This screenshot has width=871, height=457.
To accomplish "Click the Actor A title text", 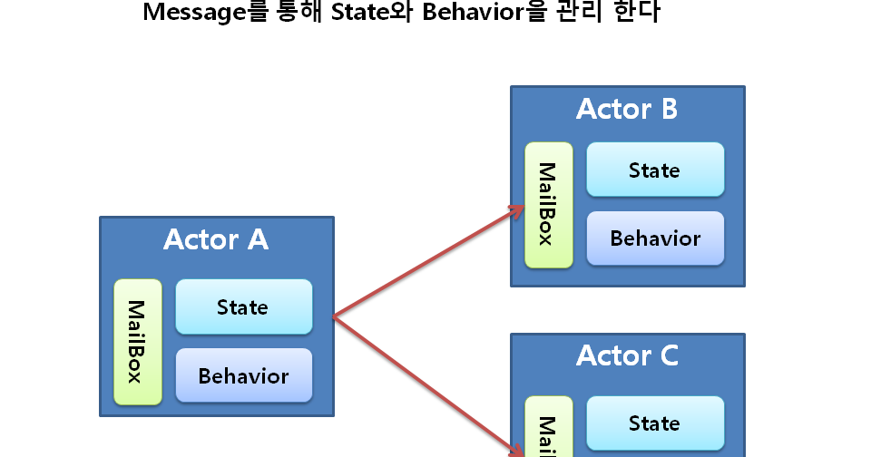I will coord(216,240).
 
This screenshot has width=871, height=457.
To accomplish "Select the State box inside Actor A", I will coord(243,306).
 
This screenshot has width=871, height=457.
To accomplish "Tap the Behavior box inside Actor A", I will coord(243,375).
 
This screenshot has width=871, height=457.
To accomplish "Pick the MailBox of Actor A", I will coord(138,341).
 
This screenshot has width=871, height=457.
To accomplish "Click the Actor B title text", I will coord(627,110).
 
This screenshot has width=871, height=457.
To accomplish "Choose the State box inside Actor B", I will coord(655,170).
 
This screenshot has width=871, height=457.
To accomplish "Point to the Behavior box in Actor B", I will coord(655,238).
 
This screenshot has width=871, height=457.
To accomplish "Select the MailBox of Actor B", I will coord(548,205).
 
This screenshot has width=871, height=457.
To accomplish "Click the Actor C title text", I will coord(627,355).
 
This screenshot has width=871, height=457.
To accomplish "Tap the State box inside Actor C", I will coord(655,423).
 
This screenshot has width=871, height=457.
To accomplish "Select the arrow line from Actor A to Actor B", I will coord(426,263).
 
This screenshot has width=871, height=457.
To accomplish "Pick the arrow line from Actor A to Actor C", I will coord(426,383).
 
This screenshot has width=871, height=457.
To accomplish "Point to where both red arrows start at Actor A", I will coord(334,316).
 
